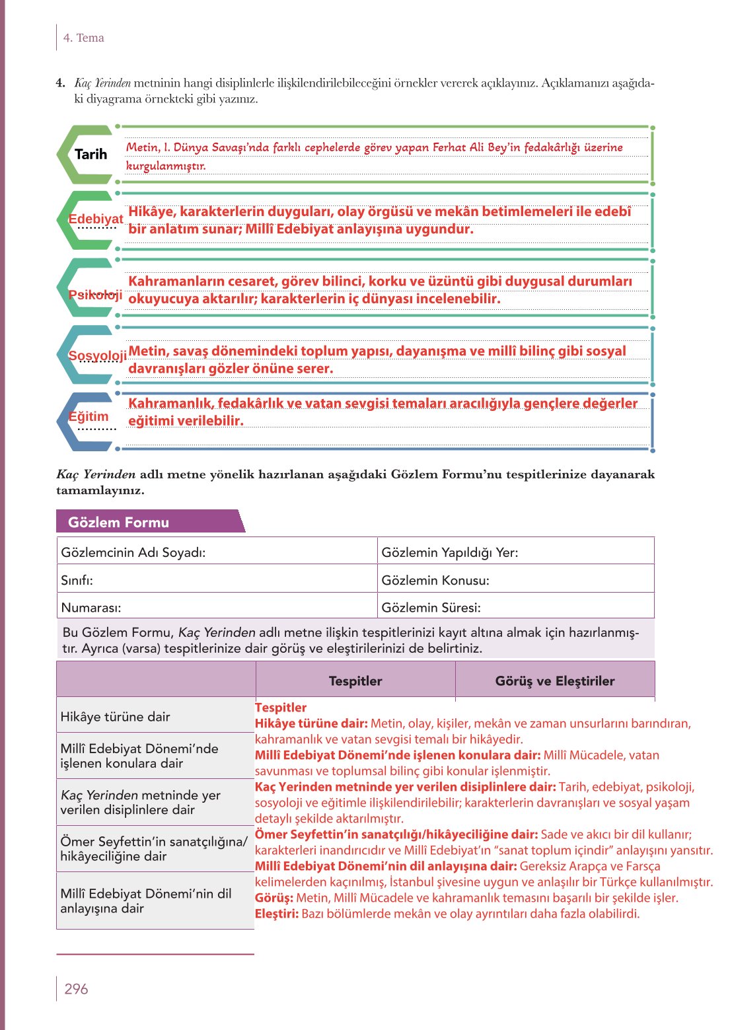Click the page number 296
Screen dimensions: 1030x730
[x=76, y=988]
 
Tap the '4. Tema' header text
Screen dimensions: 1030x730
[x=83, y=38]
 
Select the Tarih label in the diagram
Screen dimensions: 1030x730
[x=91, y=154]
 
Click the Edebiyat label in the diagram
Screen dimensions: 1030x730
[x=96, y=219]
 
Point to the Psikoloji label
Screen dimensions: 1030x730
[x=95, y=294]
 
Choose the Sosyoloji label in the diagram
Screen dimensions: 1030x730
[x=98, y=355]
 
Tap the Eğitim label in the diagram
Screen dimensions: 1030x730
[x=89, y=416]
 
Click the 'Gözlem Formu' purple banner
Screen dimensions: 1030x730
[x=119, y=522]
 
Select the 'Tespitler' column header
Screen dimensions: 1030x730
[x=355, y=681]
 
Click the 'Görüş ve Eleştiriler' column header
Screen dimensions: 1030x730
[x=555, y=681]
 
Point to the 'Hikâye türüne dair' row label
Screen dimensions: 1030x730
[x=115, y=716]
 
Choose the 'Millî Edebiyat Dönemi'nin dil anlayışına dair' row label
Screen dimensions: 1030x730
[x=145, y=901]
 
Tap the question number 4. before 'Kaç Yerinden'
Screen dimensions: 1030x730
[x=61, y=83]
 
